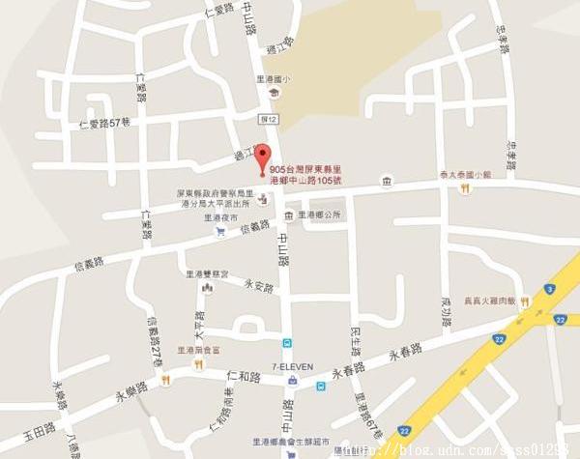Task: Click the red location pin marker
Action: [x=261, y=161]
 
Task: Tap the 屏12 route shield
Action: [x=269, y=118]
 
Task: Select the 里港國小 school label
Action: [x=274, y=80]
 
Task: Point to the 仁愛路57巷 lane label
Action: [x=103, y=124]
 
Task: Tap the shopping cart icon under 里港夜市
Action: [x=220, y=230]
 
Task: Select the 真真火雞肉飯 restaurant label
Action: [x=492, y=301]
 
